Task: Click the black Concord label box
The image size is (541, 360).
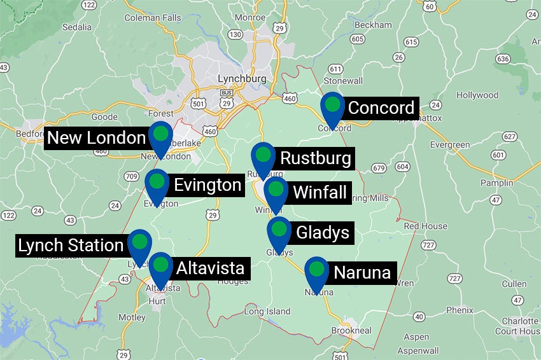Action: tap(381, 108)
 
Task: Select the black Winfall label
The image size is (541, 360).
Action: tap(320, 191)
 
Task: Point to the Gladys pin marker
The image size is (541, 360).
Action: tap(279, 230)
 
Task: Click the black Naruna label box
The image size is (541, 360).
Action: tap(362, 273)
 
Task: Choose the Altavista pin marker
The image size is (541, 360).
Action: tap(160, 265)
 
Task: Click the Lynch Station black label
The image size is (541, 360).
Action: tap(71, 246)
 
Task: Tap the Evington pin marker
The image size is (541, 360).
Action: tap(157, 183)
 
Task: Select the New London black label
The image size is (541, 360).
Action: tap(97, 138)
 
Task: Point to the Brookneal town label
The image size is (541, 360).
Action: tap(351, 331)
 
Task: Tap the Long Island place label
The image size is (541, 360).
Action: tap(267, 311)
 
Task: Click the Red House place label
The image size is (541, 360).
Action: tap(425, 226)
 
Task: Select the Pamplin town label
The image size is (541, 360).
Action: tap(496, 183)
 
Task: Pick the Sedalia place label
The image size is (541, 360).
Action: tap(76, 27)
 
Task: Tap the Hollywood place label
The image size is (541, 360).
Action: tap(477, 95)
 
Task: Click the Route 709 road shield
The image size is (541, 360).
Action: tap(132, 176)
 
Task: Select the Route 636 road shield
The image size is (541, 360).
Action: tap(503, 59)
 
